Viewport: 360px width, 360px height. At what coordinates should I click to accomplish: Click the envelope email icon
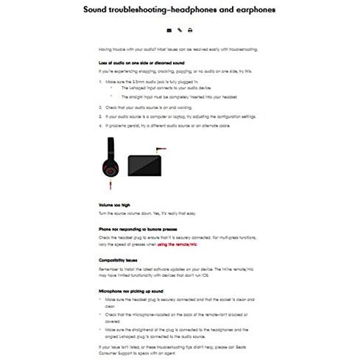pyautogui.click(x=169, y=31)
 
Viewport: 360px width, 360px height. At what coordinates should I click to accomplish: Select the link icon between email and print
pyautogui.click(x=180, y=31)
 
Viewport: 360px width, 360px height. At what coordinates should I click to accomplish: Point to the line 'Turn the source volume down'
pyautogui.click(x=140, y=213)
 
